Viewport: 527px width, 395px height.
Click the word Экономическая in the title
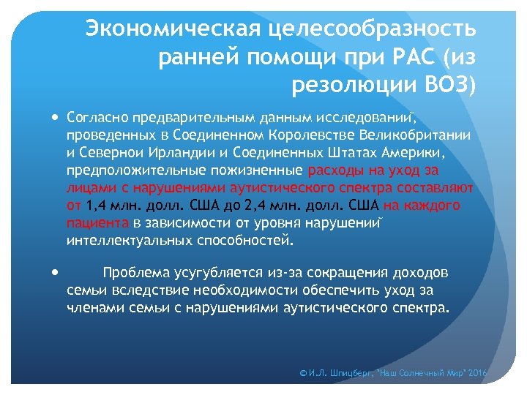coord(173,29)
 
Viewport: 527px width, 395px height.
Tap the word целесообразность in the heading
coord(373,29)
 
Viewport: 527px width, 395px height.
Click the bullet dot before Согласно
coord(56,116)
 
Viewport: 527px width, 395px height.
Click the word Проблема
coord(136,273)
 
